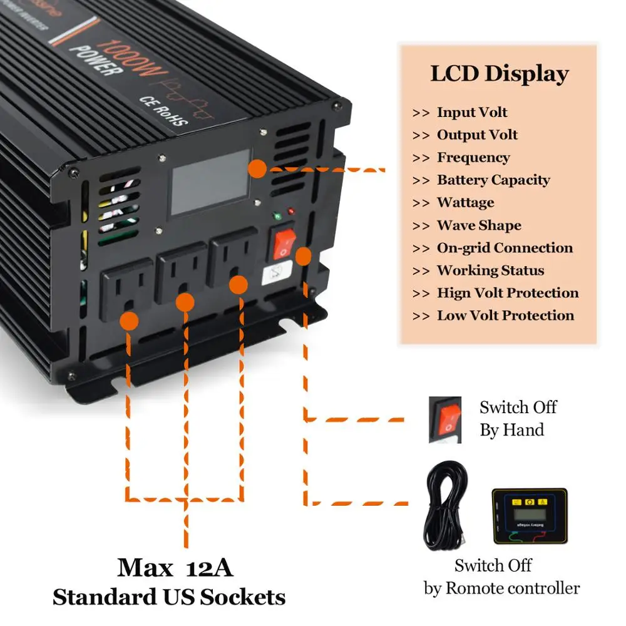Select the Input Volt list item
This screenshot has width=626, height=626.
click(x=471, y=113)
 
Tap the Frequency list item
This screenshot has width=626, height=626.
click(x=473, y=158)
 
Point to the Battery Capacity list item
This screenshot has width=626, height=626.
click(x=493, y=180)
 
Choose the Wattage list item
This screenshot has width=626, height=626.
click(x=465, y=203)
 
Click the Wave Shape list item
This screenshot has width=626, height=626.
click(x=478, y=225)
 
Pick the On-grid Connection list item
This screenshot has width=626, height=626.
click(x=504, y=248)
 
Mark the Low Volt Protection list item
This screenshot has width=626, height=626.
click(x=505, y=316)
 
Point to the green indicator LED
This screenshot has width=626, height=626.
click(x=277, y=217)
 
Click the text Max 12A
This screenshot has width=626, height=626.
click(x=175, y=568)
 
